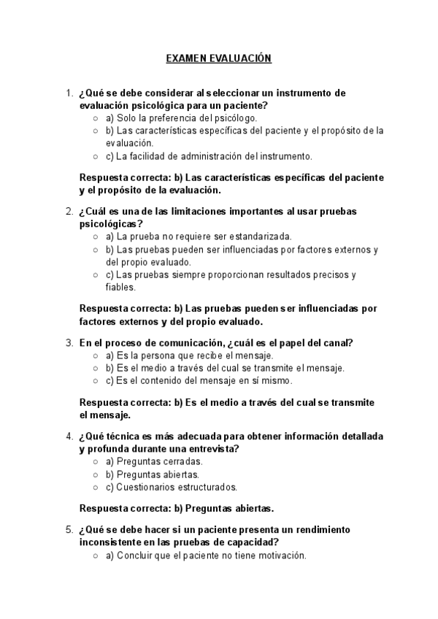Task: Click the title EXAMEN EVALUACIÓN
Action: click(219, 58)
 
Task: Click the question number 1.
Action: click(69, 93)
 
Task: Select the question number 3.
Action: click(69, 342)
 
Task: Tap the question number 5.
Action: click(69, 529)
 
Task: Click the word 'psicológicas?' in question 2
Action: click(111, 223)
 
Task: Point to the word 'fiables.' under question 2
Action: click(122, 287)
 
